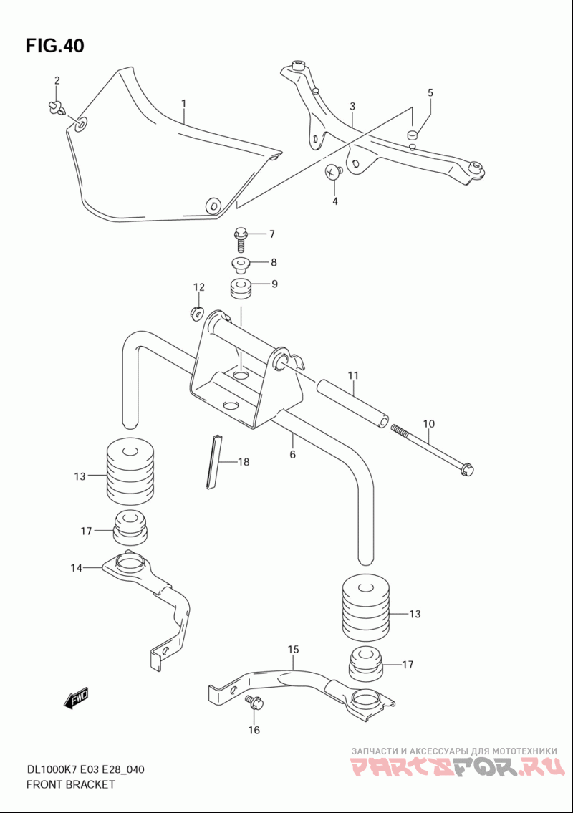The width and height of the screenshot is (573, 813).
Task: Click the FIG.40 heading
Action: click(54, 46)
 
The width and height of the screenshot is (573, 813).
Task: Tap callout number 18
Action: click(244, 462)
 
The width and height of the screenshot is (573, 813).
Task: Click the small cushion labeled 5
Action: click(413, 134)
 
